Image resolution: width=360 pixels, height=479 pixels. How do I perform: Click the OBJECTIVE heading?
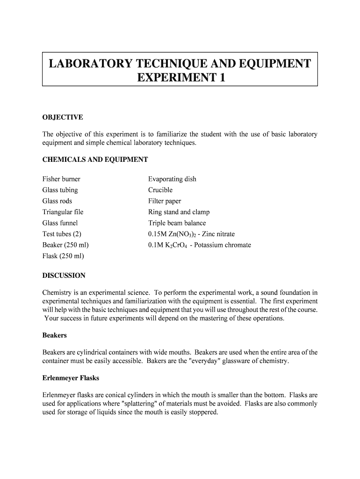[63, 117]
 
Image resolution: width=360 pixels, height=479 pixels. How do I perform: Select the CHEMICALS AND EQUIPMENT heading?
[95, 160]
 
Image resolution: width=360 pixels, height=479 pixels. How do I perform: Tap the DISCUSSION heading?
[64, 276]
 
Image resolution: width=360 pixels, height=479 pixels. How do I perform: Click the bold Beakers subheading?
[55, 335]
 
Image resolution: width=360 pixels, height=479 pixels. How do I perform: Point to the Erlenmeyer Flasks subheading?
[71, 377]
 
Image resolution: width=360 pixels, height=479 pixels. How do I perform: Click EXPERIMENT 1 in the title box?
[180, 78]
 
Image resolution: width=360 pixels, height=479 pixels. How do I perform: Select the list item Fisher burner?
[61, 179]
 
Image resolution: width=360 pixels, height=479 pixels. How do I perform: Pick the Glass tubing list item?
[60, 190]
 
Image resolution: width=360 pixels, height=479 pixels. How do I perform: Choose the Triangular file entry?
[63, 212]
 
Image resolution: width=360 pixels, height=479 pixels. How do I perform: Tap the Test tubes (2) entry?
[62, 234]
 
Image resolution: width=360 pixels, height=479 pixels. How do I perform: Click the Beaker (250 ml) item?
[65, 245]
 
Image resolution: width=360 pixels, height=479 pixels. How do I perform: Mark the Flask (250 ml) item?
[63, 256]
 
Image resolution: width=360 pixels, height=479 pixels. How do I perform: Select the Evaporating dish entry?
[172, 179]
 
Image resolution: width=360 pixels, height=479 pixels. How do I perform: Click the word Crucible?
[160, 190]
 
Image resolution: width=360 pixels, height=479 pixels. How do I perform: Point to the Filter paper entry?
[165, 201]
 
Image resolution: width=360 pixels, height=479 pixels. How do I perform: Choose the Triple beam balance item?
[177, 223]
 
